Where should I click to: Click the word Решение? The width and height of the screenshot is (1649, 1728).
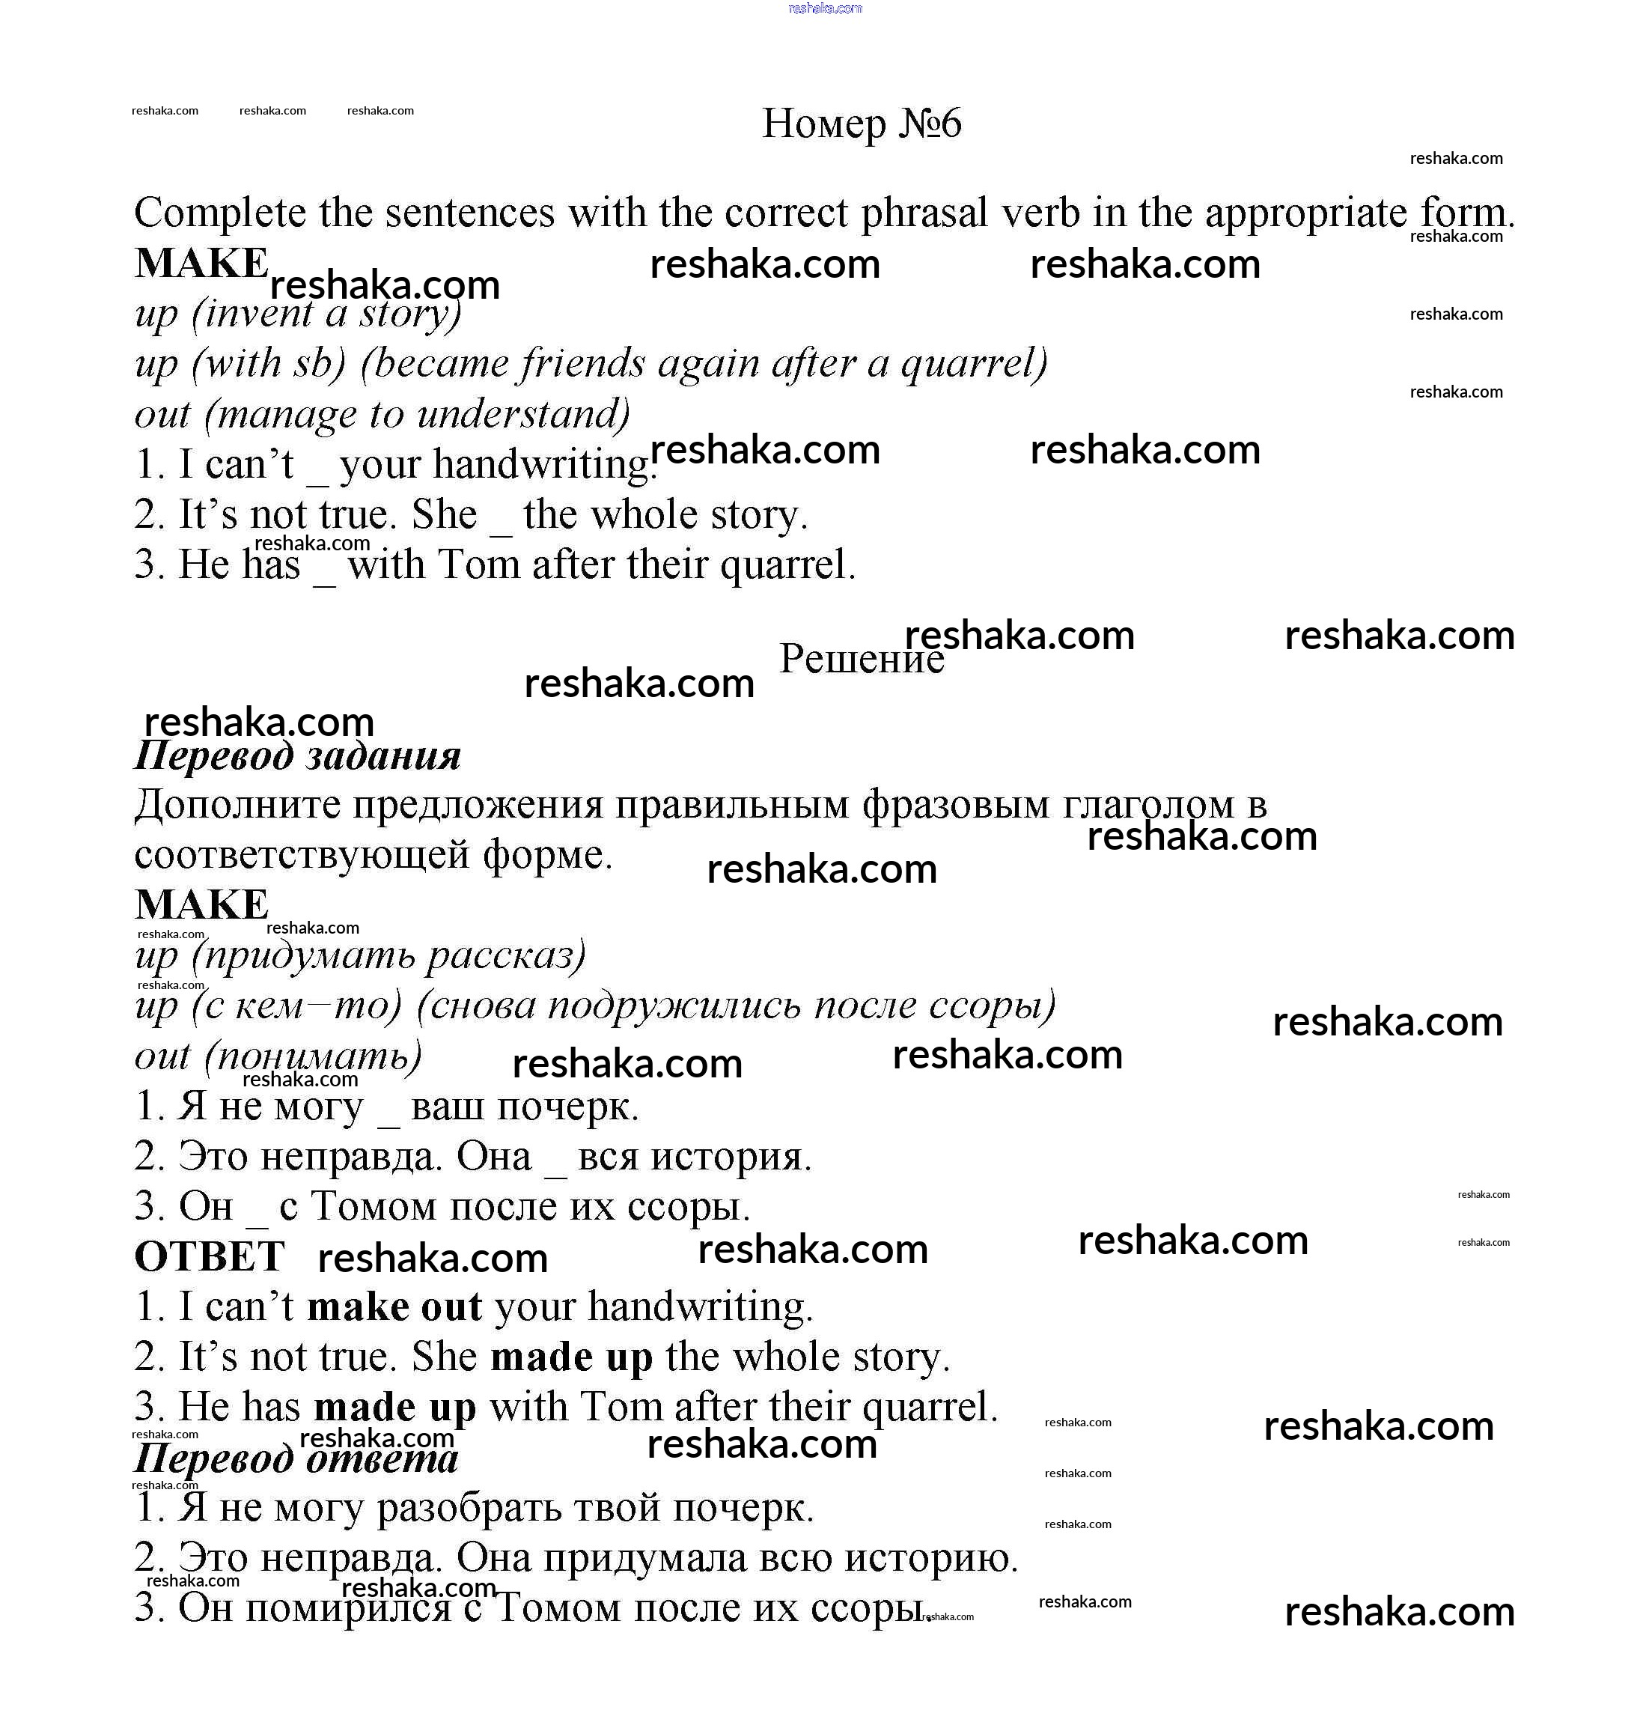click(x=861, y=659)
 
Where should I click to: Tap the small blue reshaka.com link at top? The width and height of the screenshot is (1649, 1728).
click(x=826, y=9)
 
